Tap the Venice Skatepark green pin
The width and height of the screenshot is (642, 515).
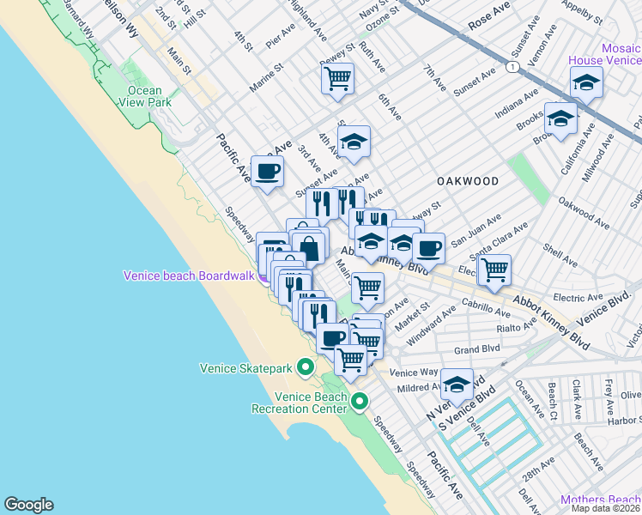coord(305,368)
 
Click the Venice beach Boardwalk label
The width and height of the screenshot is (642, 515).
coord(189,276)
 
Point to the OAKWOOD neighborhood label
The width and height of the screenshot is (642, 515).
coord(468,181)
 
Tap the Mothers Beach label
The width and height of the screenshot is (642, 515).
coord(600,500)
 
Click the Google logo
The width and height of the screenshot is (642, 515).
coord(28,505)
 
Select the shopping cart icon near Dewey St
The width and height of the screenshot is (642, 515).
coord(337,79)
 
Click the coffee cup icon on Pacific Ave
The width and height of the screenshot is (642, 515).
coord(267,171)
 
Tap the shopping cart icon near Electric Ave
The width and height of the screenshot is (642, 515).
coord(494,270)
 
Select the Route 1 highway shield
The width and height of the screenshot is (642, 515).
coord(512,66)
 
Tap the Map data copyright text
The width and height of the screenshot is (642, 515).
coord(605,508)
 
